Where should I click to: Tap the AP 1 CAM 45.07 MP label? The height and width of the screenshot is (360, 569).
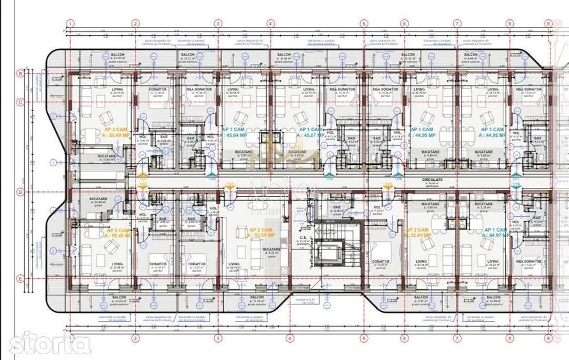coord(313,132)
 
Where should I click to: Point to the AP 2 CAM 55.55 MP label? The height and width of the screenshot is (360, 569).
coord(261,233)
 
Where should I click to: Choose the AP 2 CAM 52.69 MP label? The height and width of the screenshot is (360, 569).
coord(419,233)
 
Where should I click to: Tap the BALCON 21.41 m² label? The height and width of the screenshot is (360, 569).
coord(118,57)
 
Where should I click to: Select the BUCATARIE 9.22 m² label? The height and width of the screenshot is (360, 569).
coord(272,252)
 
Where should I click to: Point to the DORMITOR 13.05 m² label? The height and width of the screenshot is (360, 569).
coord(191,265)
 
